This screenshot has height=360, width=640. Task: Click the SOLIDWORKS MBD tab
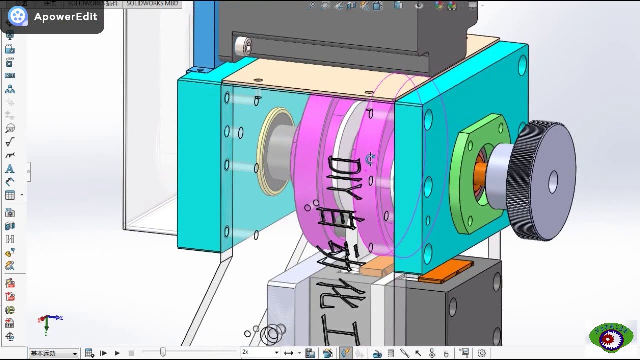[x=152, y=3]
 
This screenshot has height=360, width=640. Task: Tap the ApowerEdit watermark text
[x=65, y=17]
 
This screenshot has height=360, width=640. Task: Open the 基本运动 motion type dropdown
[x=54, y=353]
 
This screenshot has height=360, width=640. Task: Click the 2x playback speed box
[x=260, y=352]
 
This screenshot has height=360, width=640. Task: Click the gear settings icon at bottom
[x=482, y=353]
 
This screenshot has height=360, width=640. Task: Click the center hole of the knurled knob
[x=553, y=182]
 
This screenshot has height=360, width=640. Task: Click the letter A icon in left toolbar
[x=10, y=169]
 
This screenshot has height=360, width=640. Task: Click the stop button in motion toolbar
[x=131, y=353]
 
